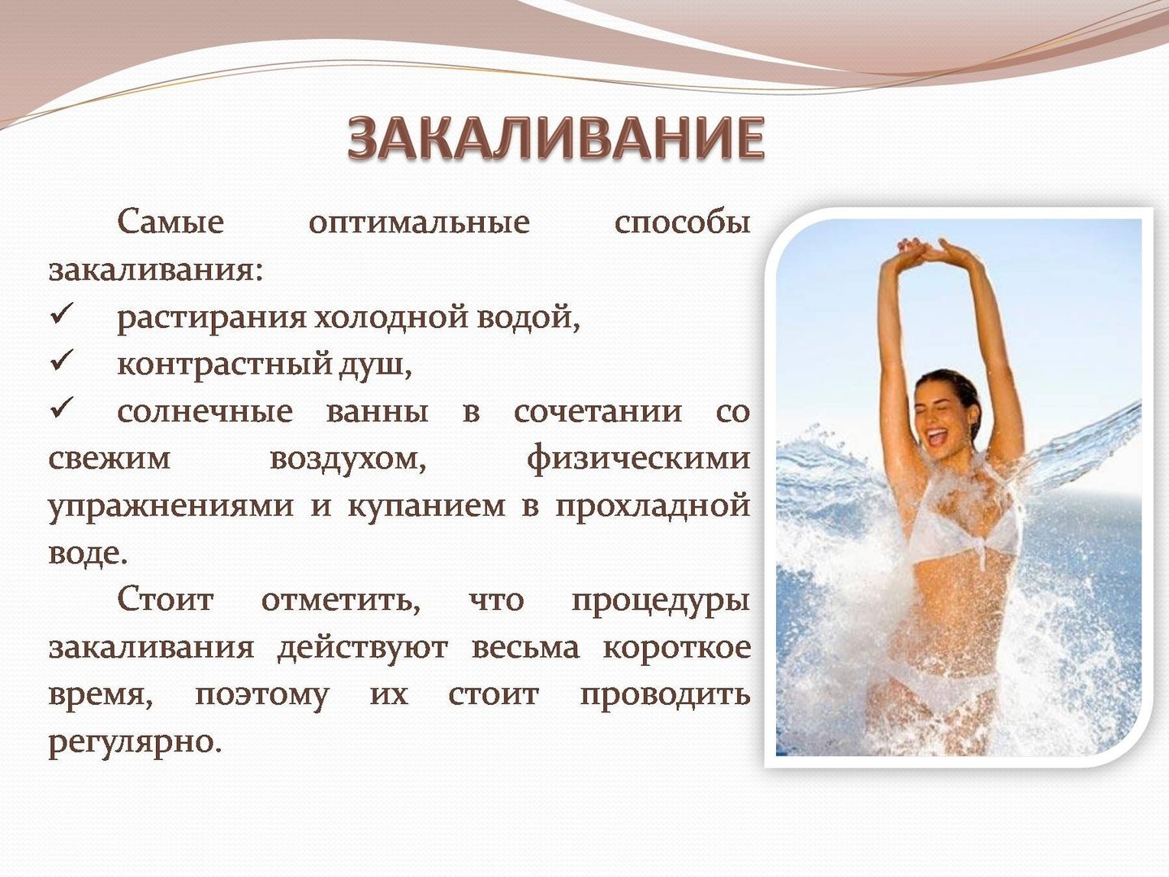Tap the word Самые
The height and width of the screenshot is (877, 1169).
(170, 222)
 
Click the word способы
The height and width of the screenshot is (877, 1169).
(682, 222)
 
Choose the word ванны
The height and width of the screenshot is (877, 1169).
(377, 413)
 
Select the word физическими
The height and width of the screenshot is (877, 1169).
(639, 459)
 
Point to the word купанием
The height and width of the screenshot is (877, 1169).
(427, 507)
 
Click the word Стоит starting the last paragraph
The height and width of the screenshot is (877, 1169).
(166, 599)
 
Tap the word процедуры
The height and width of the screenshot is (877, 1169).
(661, 602)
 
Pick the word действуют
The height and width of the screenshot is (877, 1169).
(363, 648)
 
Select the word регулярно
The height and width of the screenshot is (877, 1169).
(134, 742)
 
